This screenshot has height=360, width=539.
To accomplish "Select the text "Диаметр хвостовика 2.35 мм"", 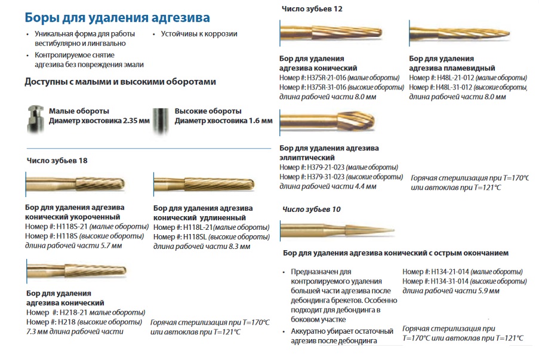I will [99, 121].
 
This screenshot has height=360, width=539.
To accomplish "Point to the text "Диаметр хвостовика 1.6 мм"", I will [223, 121].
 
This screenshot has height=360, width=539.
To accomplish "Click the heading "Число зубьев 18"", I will [57, 161].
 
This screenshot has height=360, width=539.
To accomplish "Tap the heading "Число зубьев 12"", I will [312, 9].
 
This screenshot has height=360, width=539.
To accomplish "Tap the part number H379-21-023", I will [325, 167].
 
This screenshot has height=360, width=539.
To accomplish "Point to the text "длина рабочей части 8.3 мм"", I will [202, 246].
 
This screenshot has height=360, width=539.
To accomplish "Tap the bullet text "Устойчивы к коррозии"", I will [199, 34].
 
